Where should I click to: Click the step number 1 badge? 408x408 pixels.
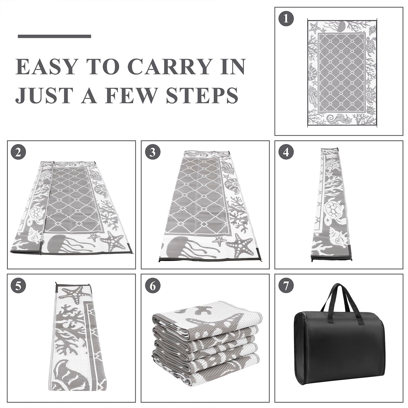286,19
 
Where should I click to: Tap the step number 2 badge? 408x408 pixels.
18,152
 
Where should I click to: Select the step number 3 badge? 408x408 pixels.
153,152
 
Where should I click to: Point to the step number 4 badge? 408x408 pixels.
286,152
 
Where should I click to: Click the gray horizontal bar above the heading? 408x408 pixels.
54,36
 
